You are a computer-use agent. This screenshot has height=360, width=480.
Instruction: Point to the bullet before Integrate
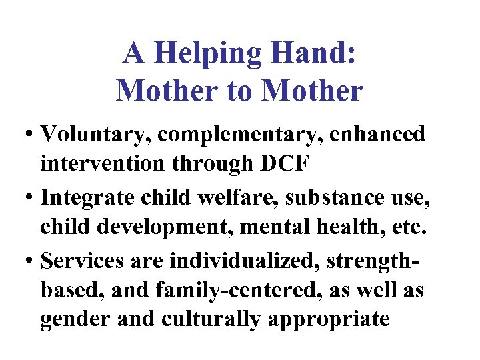[x=32, y=197]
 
